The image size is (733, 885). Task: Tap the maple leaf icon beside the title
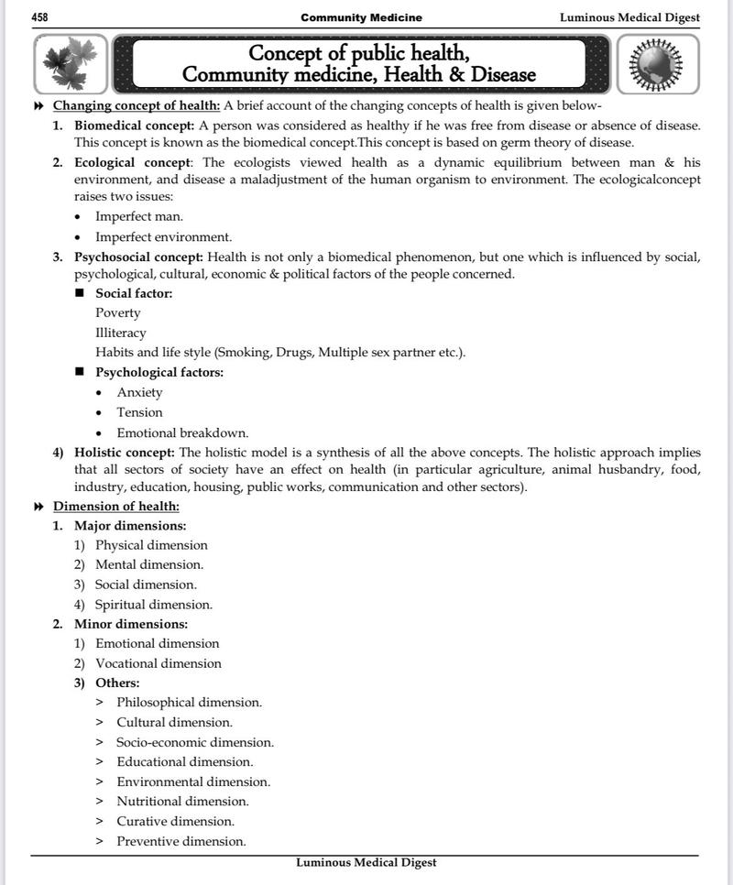[71, 65]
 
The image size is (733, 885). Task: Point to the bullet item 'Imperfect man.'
[139, 216]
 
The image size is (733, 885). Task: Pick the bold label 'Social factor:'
[134, 293]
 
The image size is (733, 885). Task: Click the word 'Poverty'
[118, 313]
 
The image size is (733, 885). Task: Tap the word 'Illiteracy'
[121, 333]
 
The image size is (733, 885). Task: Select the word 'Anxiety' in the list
[139, 392]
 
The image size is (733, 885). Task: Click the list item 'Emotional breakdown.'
[182, 432]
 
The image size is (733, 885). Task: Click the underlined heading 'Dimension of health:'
[116, 506]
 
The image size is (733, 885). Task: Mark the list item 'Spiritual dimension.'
[154, 605]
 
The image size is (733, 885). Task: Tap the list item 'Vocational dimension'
[159, 663]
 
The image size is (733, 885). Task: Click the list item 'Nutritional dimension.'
[182, 801]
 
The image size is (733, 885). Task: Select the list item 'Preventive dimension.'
[181, 841]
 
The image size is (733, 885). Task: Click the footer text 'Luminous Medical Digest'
[366, 863]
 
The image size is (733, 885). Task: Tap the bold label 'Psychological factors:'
[159, 372]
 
